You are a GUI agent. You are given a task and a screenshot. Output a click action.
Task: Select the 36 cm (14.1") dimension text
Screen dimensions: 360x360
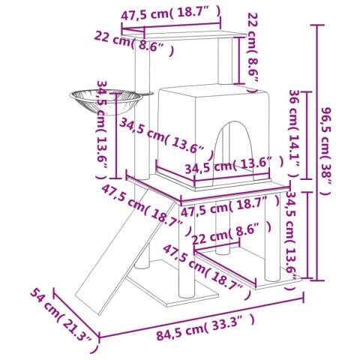coord(294,133)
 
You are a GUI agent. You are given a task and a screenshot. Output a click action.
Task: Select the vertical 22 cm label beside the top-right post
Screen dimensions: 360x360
coord(253,46)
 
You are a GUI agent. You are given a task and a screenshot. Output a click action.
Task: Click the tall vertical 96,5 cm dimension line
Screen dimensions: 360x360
coord(319,150)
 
